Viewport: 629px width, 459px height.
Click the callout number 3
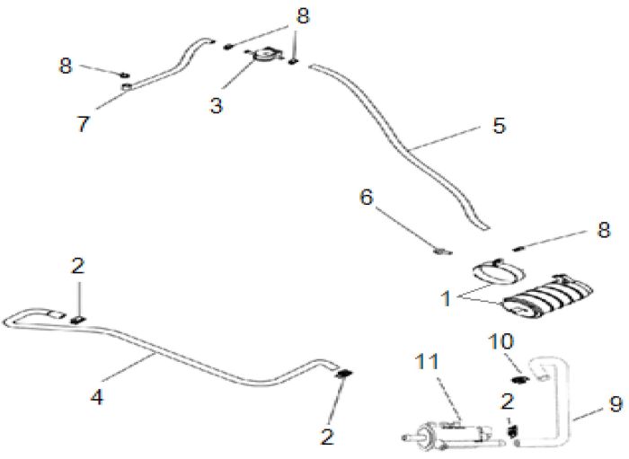click(217, 105)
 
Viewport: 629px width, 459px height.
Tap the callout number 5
click(499, 125)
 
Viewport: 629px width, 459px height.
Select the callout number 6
click(367, 198)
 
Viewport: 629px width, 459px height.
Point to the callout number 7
click(83, 124)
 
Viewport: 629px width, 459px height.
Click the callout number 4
click(97, 397)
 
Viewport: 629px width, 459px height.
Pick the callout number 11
click(427, 362)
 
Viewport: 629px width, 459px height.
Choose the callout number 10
click(501, 341)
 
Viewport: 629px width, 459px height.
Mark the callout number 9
click(616, 404)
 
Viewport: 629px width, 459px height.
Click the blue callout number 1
click(446, 299)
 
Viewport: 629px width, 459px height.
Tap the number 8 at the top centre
click(303, 16)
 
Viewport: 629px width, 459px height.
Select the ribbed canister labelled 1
click(547, 296)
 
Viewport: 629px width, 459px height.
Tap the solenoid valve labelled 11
click(453, 434)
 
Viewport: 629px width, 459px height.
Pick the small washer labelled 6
click(442, 252)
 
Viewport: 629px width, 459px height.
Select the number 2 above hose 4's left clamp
click(78, 266)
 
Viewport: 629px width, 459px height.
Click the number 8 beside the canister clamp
click(603, 230)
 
